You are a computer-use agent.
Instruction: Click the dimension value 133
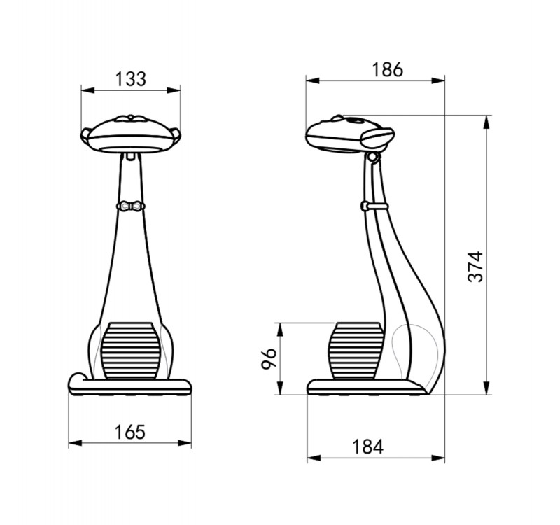(x=131, y=79)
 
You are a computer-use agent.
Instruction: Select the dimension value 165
(x=130, y=432)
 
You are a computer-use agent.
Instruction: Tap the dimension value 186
(x=388, y=69)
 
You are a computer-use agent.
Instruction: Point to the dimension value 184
(x=368, y=447)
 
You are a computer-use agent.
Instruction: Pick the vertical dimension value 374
(x=475, y=267)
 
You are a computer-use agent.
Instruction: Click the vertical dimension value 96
(x=269, y=358)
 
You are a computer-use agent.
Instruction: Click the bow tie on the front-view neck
(x=131, y=206)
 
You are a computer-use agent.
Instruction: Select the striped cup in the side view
(x=356, y=351)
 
